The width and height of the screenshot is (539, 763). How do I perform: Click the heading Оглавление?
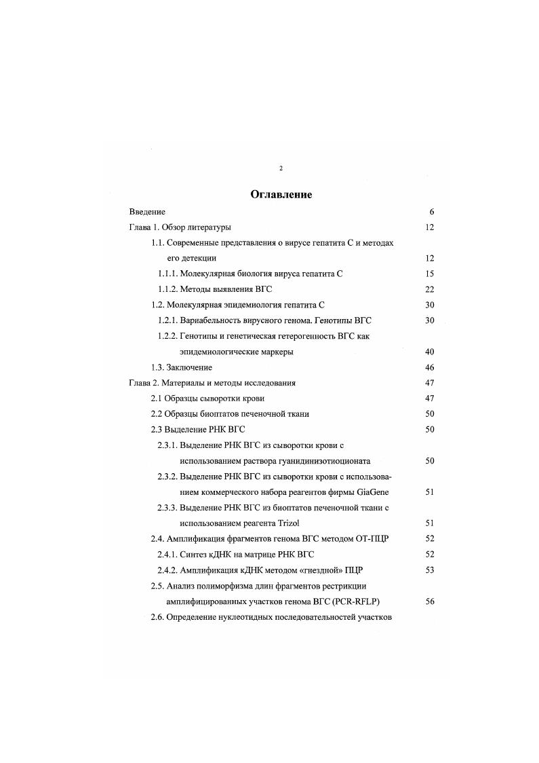pyautogui.click(x=281, y=195)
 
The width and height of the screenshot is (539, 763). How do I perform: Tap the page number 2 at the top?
pyautogui.click(x=281, y=168)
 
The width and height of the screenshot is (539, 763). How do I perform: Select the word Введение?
pyautogui.click(x=147, y=212)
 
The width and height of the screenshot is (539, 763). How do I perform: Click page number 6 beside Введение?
pyautogui.click(x=431, y=212)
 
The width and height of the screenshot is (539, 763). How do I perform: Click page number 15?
pyautogui.click(x=429, y=274)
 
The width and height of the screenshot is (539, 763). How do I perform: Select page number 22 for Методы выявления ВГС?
pyautogui.click(x=429, y=289)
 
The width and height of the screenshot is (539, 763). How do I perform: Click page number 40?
pyautogui.click(x=429, y=352)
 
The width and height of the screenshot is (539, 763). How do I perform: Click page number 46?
pyautogui.click(x=429, y=367)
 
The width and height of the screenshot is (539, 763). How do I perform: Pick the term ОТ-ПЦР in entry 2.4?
pyautogui.click(x=374, y=539)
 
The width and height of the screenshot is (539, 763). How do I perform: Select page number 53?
pyautogui.click(x=429, y=570)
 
